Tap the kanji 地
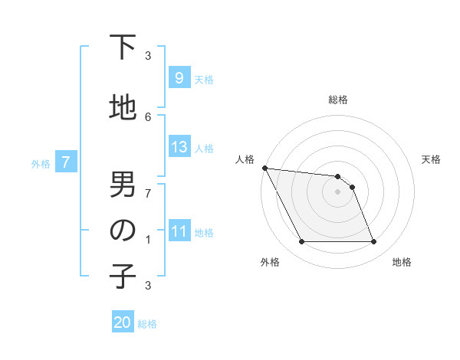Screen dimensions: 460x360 coord(123,107)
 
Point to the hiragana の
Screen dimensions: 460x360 coord(123,231)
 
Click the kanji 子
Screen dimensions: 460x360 coord(123,277)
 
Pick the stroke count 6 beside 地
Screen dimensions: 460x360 coord(148,116)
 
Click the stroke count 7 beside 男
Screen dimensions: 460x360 coord(148,193)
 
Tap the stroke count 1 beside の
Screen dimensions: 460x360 coord(148,240)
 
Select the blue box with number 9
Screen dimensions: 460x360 coord(179,78)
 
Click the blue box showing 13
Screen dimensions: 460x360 coord(179,147)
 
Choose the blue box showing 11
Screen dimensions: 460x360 coord(179,231)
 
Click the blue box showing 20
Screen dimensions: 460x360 coord(123,322)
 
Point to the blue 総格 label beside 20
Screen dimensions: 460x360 coord(148,324)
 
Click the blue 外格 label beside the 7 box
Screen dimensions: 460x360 coord(41,163)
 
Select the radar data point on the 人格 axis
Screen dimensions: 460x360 coord(264,168)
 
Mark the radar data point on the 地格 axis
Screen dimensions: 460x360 coord(373,242)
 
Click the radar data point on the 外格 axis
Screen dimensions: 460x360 coord(301,242)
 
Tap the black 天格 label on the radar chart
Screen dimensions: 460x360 coord(432,159)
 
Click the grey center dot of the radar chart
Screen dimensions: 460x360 coord(337,191)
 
